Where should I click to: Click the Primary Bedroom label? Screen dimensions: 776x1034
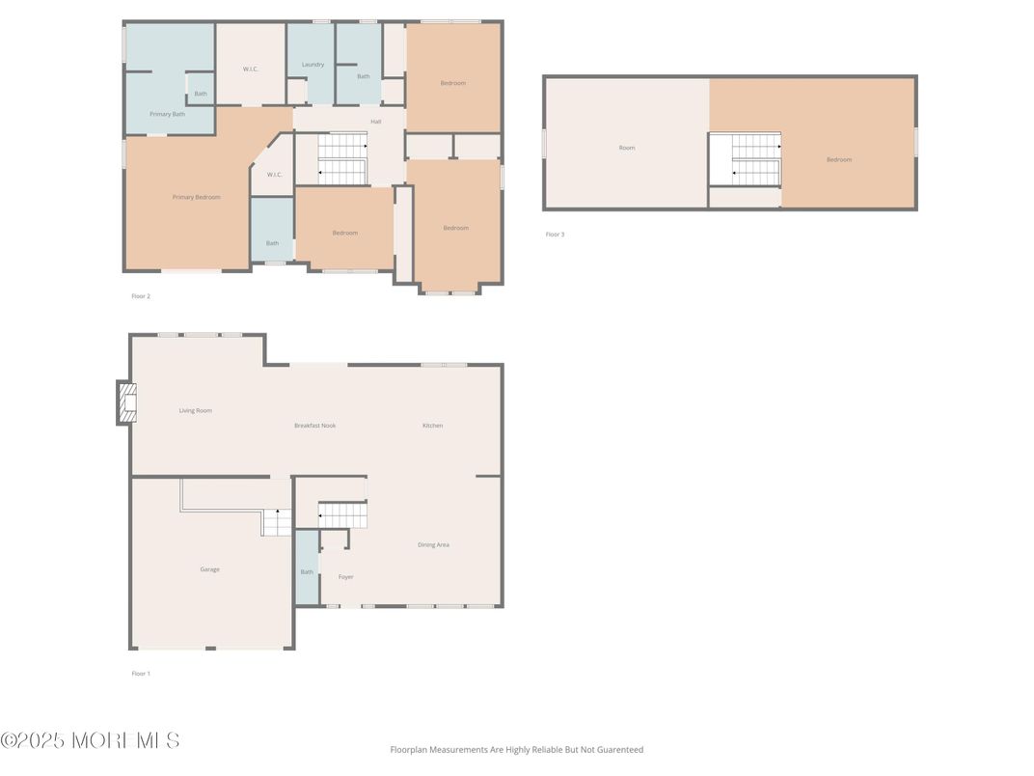(196, 197)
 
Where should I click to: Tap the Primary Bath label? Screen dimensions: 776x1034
(167, 114)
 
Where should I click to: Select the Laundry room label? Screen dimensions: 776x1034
(313, 65)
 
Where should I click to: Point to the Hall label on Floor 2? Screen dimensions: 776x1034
(376, 122)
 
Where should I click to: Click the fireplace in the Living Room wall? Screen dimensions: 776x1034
(126, 402)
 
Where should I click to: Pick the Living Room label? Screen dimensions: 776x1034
(195, 410)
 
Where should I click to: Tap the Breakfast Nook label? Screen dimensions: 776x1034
(314, 426)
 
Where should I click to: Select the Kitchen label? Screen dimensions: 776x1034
(432, 426)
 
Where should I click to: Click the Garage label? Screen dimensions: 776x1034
(209, 569)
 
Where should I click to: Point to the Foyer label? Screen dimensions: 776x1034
(345, 577)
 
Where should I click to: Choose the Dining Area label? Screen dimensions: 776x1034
(433, 544)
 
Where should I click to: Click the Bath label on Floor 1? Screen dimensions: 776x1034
(307, 572)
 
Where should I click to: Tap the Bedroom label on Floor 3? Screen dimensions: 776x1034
(839, 159)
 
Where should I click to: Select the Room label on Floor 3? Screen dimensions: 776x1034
(627, 148)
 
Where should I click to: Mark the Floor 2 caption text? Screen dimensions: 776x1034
(141, 296)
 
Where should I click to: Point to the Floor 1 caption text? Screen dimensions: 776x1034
(141, 674)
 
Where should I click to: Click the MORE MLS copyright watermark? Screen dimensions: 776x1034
(90, 741)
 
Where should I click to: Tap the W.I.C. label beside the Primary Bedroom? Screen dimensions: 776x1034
(274, 175)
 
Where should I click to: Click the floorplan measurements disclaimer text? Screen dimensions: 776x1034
(516, 749)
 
